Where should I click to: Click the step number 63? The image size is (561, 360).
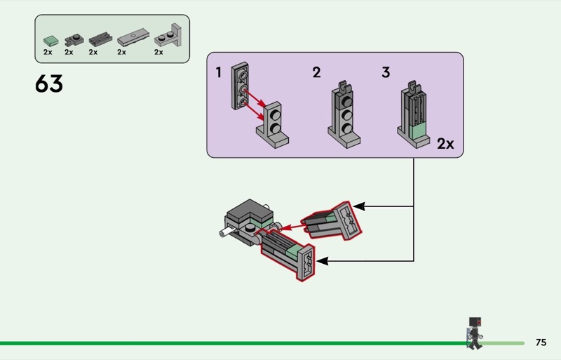click(x=48, y=84)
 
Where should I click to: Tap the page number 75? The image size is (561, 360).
click(x=541, y=342)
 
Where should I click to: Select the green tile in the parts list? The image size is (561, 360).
click(x=50, y=41)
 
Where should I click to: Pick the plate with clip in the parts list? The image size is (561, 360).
click(x=74, y=40)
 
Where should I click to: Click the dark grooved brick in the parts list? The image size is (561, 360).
click(x=100, y=39)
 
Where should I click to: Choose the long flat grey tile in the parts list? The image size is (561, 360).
click(x=133, y=37)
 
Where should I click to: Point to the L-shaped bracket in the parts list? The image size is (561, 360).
click(x=168, y=36)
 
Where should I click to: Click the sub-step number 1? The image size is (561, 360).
click(x=219, y=73)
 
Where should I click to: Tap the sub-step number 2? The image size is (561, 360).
click(x=316, y=73)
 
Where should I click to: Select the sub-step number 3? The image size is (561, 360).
click(x=386, y=72)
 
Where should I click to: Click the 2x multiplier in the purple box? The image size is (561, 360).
click(x=445, y=144)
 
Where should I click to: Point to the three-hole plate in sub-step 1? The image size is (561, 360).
click(x=240, y=86)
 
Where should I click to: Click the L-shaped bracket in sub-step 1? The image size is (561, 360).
click(x=273, y=125)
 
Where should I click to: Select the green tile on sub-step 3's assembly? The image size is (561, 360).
click(x=418, y=132)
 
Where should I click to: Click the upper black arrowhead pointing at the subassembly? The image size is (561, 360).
click(x=359, y=206)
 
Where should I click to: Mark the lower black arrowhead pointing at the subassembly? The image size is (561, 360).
click(x=323, y=261)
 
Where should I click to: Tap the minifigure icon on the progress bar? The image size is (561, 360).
click(x=475, y=333)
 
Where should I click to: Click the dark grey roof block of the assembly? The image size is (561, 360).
click(x=250, y=211)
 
